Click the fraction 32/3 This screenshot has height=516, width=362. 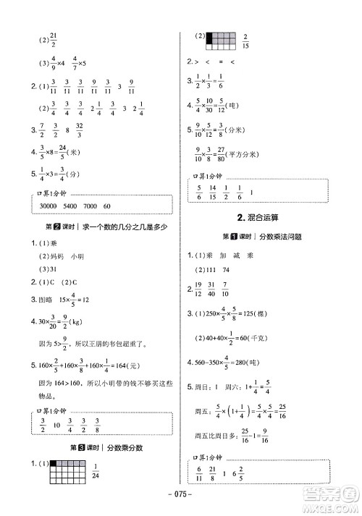pyautogui.click(x=79, y=132)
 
